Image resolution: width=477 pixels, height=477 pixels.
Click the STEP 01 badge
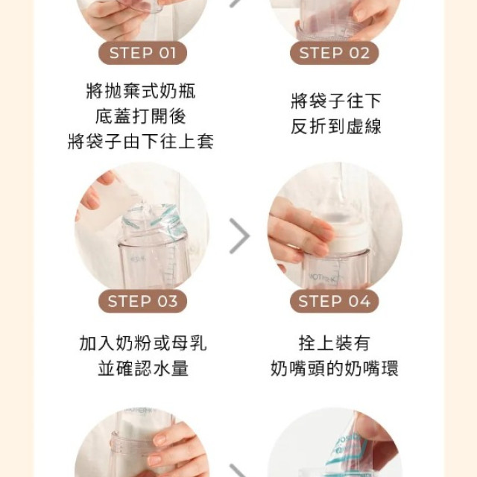(143, 53)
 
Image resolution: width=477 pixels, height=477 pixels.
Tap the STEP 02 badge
(334, 53)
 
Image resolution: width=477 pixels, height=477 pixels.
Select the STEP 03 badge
(143, 301)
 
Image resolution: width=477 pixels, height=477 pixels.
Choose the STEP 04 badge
(334, 301)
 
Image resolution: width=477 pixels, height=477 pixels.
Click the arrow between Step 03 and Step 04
(238, 236)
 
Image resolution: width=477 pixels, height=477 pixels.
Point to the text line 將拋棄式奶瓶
(141, 92)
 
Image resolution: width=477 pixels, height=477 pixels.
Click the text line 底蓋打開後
(141, 117)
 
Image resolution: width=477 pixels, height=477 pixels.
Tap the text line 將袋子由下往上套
(141, 142)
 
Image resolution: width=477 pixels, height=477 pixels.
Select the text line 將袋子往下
(335, 101)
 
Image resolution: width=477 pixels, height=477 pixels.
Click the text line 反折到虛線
(335, 126)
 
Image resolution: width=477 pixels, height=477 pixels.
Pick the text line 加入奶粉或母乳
(142, 344)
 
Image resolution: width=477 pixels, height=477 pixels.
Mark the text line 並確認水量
(142, 368)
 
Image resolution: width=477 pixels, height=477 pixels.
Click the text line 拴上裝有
(334, 344)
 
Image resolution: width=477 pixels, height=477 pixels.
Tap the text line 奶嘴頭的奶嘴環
(334, 368)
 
